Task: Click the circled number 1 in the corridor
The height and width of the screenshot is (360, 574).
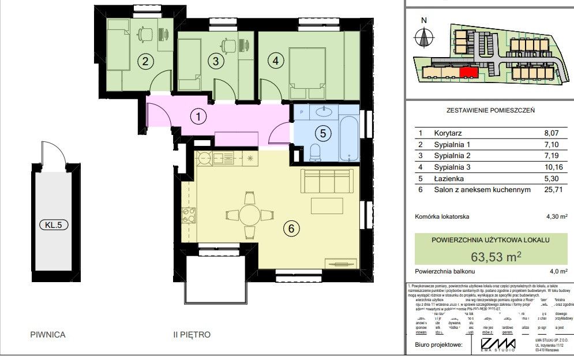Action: click(x=198, y=117)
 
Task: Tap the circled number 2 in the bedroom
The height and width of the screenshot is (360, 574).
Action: click(x=146, y=61)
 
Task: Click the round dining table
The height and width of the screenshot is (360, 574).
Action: click(x=249, y=215)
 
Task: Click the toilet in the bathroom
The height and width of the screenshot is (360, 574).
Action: click(x=315, y=153)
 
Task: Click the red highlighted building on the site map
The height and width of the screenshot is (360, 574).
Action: click(x=468, y=72)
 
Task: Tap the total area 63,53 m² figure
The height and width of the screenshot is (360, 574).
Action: click(x=489, y=255)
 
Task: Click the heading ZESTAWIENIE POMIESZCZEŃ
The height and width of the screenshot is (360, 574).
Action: click(x=490, y=110)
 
